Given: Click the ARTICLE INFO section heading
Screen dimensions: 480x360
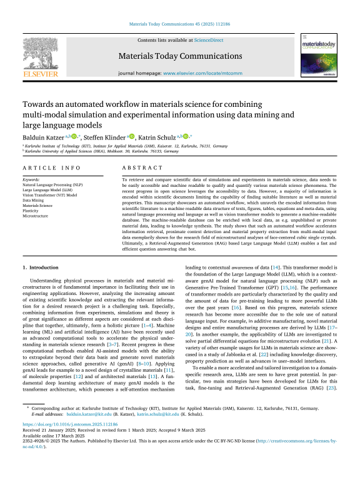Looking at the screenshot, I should tap(47, 169).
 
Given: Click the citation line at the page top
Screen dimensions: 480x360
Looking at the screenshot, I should tap(179, 26).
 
